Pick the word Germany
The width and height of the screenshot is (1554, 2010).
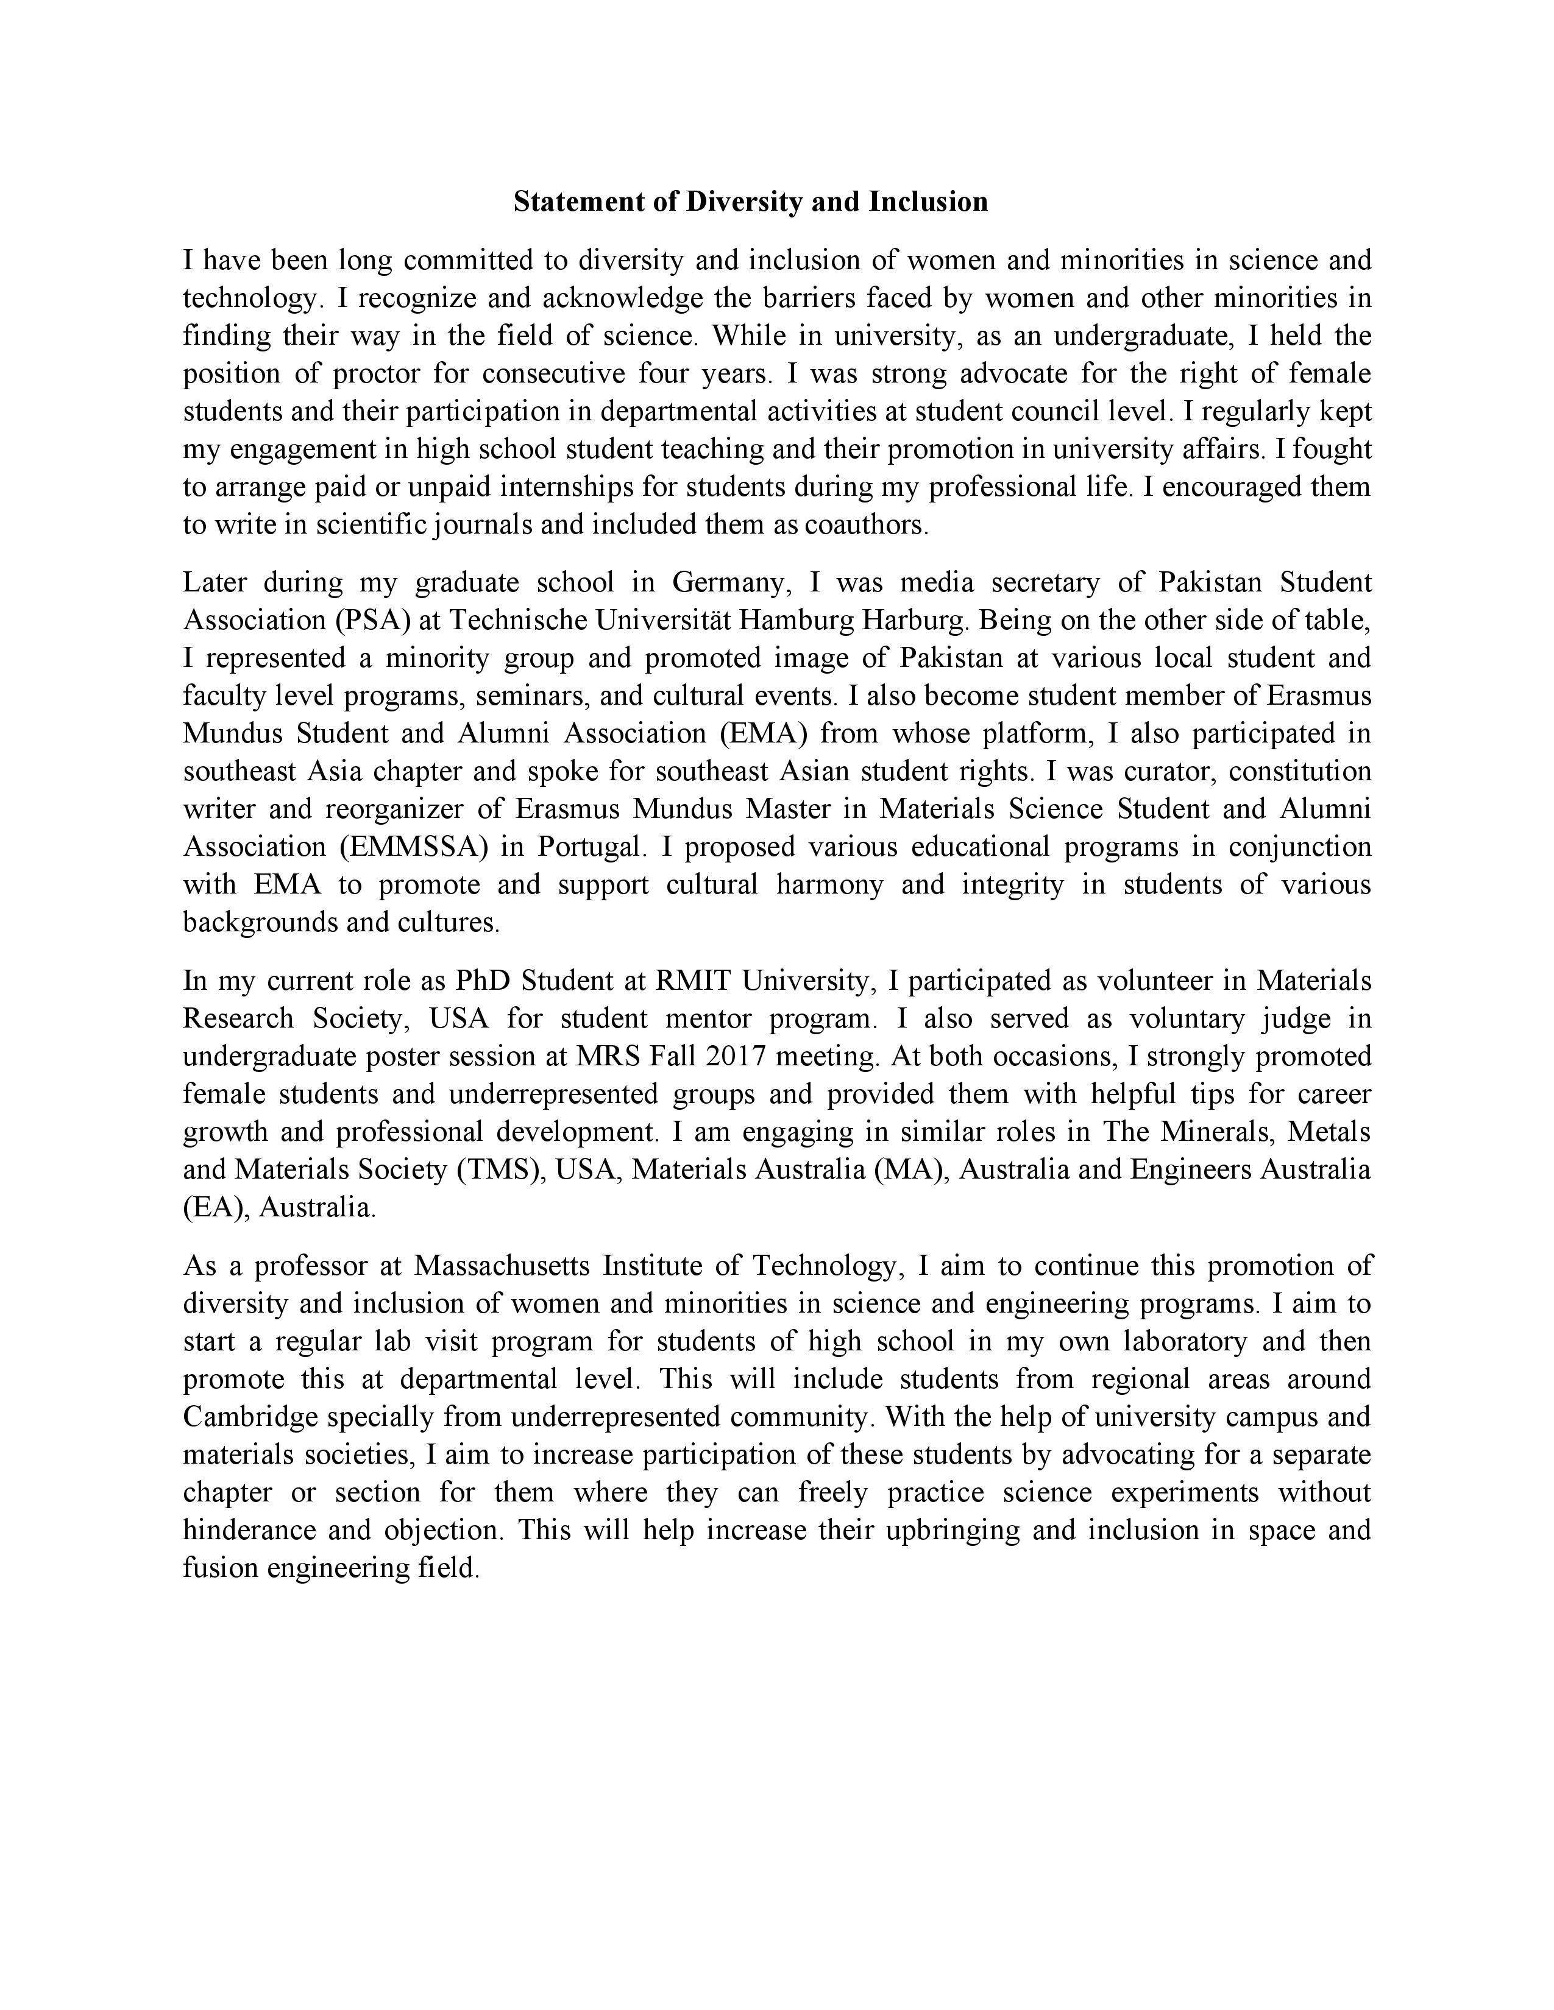click(x=731, y=582)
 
